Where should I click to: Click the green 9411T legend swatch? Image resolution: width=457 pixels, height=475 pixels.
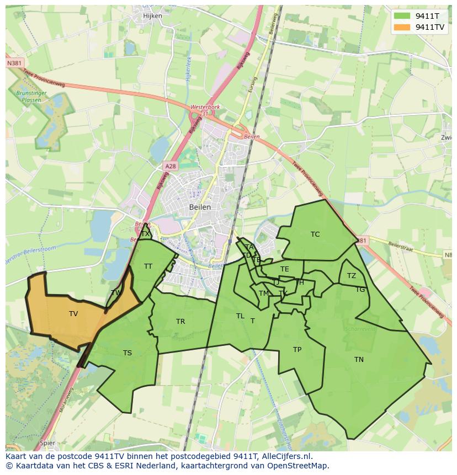tap(402, 17)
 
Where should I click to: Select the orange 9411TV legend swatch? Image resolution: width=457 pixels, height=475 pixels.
tap(402, 27)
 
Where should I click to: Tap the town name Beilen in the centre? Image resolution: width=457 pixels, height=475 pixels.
tap(200, 207)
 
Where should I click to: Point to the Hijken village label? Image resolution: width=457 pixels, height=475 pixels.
tap(152, 16)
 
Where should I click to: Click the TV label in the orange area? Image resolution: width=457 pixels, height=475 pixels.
tap(73, 314)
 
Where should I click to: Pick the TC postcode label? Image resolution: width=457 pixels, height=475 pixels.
tap(315, 234)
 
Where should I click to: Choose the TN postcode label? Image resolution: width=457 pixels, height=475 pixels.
tap(359, 360)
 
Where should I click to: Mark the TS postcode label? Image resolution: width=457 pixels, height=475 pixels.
tap(127, 353)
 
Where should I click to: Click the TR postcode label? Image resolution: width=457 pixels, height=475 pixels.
tap(180, 322)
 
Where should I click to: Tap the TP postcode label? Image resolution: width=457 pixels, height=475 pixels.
tap(297, 350)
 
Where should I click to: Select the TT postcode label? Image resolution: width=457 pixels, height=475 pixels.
tap(148, 266)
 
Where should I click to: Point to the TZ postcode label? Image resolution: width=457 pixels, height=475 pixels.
tap(352, 276)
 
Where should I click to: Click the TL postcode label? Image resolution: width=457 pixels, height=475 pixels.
tap(240, 316)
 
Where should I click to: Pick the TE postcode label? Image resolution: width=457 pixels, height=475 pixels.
tap(285, 269)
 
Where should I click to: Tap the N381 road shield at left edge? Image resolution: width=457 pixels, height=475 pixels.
tap(15, 63)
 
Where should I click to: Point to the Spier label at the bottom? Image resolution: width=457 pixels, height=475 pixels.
tap(47, 443)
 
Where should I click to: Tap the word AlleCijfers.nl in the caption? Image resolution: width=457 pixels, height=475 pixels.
tap(286, 456)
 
